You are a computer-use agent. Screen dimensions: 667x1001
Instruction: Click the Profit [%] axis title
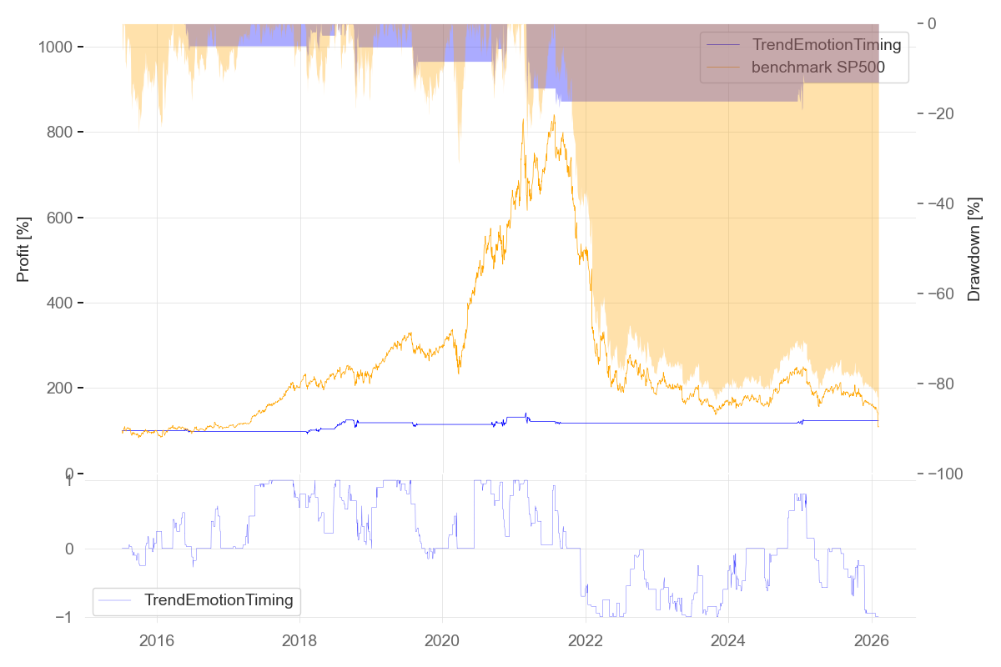(23, 248)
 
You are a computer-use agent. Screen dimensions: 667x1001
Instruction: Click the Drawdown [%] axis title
(973, 248)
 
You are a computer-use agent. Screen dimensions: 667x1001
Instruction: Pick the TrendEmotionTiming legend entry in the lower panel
(219, 599)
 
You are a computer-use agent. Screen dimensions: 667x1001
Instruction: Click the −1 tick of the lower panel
(67, 618)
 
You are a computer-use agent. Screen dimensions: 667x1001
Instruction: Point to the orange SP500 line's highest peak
(553, 116)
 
